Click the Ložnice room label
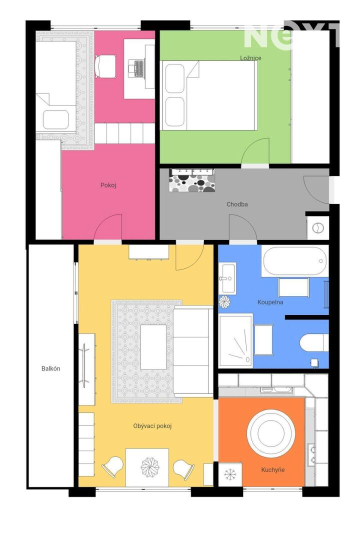[x=250, y=58]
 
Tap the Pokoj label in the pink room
[x=108, y=185]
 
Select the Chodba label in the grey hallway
[x=237, y=204]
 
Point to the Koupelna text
[x=270, y=302]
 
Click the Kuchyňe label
[x=273, y=469]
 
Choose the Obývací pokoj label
[x=152, y=426]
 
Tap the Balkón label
[x=51, y=368]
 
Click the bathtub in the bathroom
[x=295, y=260]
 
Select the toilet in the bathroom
[x=314, y=342]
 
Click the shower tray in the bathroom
[x=236, y=340]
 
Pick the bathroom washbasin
[x=227, y=278]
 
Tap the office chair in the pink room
[x=104, y=66]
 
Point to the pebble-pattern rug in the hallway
[x=192, y=180]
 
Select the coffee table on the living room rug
[x=153, y=347]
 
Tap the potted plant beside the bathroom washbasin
[x=224, y=302]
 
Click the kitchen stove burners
[x=312, y=454]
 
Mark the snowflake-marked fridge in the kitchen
[x=230, y=474]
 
